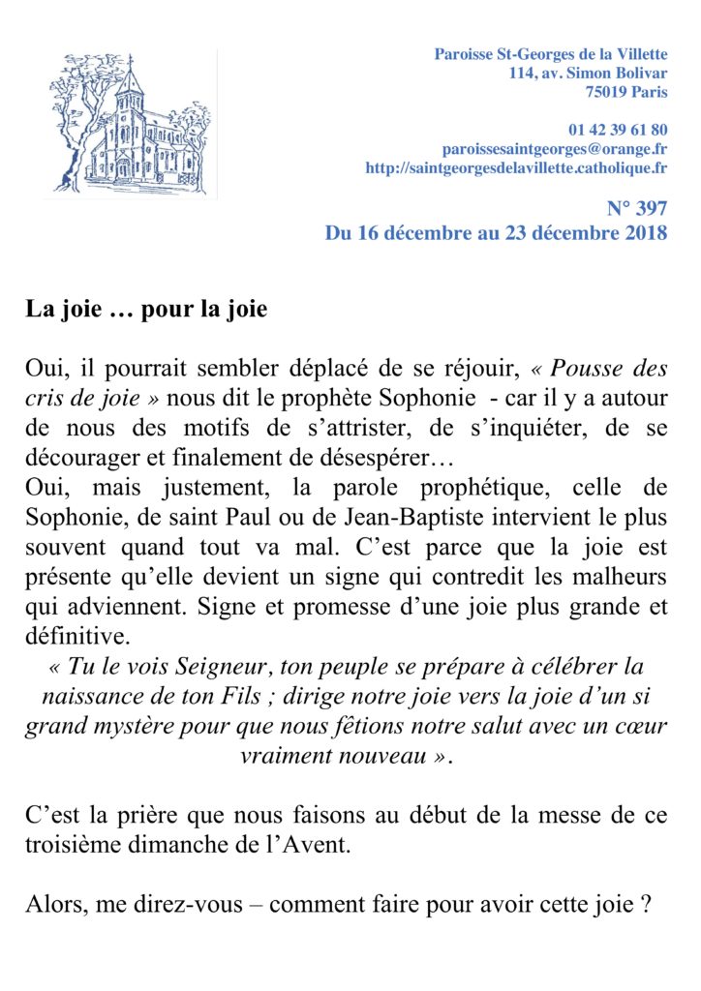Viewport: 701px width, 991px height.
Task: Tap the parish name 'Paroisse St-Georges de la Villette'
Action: point(550,53)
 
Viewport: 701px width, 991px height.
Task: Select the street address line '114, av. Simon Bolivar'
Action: point(588,73)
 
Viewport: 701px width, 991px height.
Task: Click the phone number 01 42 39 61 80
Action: point(618,130)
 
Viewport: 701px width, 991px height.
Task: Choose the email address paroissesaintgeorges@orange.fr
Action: point(554,149)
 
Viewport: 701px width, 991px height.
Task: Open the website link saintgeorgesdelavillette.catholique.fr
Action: point(516,168)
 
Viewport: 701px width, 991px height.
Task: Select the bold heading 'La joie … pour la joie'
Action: point(145,312)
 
